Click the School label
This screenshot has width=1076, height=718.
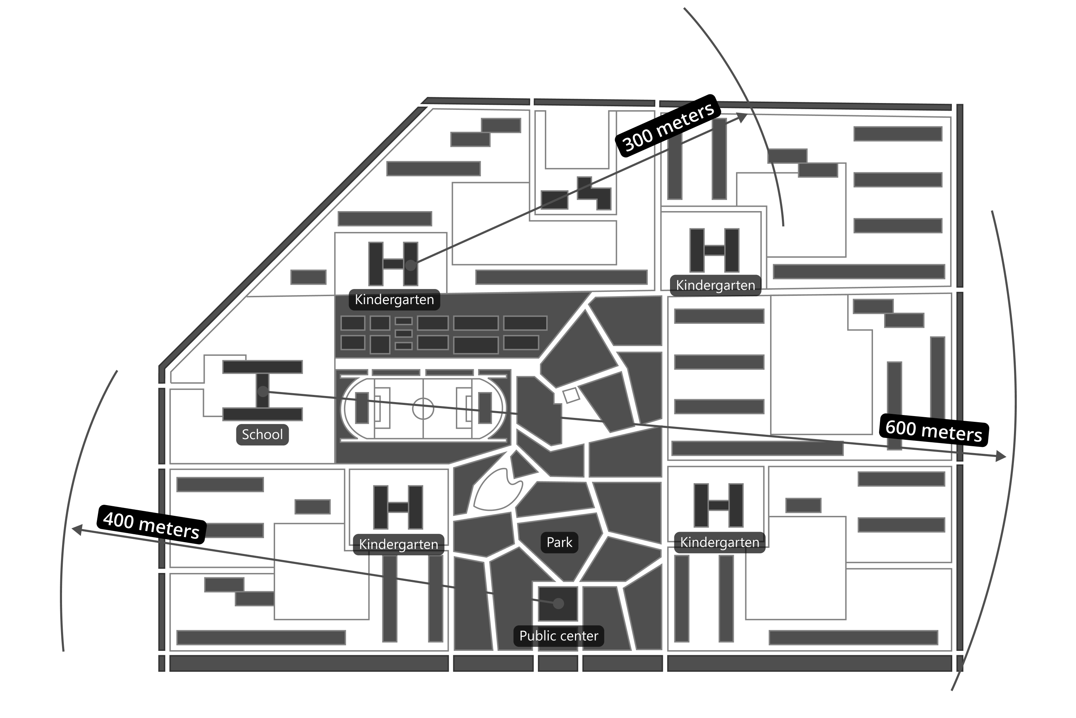pyautogui.click(x=262, y=434)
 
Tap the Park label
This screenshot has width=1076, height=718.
pyautogui.click(x=559, y=542)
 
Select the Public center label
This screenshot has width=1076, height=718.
pyautogui.click(x=558, y=636)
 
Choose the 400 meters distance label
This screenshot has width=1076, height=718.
pyautogui.click(x=151, y=526)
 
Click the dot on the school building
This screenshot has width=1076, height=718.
pyautogui.click(x=263, y=391)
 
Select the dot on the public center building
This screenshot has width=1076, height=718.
pyautogui.click(x=558, y=603)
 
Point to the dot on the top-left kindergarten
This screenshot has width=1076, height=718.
pyautogui.click(x=411, y=265)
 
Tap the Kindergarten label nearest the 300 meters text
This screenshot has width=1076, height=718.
pyautogui.click(x=715, y=285)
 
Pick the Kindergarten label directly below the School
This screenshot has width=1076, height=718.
pyautogui.click(x=398, y=545)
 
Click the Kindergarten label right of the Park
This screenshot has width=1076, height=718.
pyautogui.click(x=719, y=542)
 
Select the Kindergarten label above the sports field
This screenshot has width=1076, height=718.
pyautogui.click(x=394, y=300)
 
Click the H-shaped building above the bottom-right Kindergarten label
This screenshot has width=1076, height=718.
pyautogui.click(x=718, y=505)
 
